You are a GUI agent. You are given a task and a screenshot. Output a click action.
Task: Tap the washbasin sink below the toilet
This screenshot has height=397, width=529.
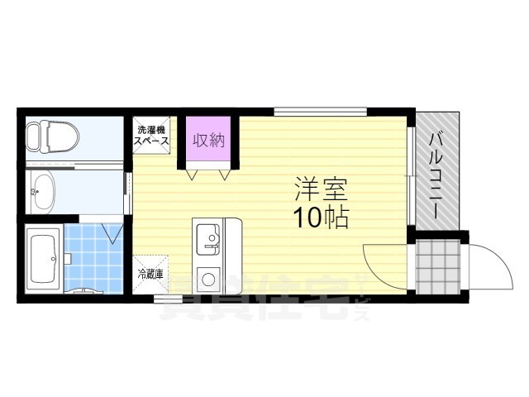tap(42, 194)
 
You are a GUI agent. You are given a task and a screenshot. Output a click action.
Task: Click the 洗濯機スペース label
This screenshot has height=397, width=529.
tap(152, 135)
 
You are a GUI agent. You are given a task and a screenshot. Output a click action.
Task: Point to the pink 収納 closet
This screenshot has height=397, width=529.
tap(209, 141)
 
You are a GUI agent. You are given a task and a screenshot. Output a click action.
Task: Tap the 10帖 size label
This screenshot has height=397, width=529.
tap(319, 217)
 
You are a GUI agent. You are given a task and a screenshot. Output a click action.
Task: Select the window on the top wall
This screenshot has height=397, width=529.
tap(320, 110)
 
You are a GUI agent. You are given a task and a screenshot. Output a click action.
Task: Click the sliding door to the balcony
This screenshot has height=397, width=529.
tap(411, 174)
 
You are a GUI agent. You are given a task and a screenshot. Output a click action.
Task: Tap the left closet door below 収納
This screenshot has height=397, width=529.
tap(194, 175)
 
